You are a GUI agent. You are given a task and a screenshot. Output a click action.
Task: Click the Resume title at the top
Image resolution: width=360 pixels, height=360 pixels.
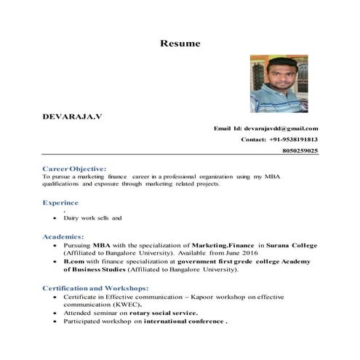click(180, 44)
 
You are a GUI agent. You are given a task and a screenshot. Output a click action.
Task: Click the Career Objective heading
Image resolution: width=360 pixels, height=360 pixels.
click(74, 169)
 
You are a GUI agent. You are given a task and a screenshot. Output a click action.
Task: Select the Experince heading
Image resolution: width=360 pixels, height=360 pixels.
click(60, 203)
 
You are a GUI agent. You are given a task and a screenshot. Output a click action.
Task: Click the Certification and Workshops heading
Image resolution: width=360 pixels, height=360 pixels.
click(95, 288)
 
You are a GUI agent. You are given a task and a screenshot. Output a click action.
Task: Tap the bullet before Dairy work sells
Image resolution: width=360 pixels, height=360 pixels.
click(56, 218)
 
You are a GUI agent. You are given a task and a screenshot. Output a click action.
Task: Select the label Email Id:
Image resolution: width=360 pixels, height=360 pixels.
click(227, 128)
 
